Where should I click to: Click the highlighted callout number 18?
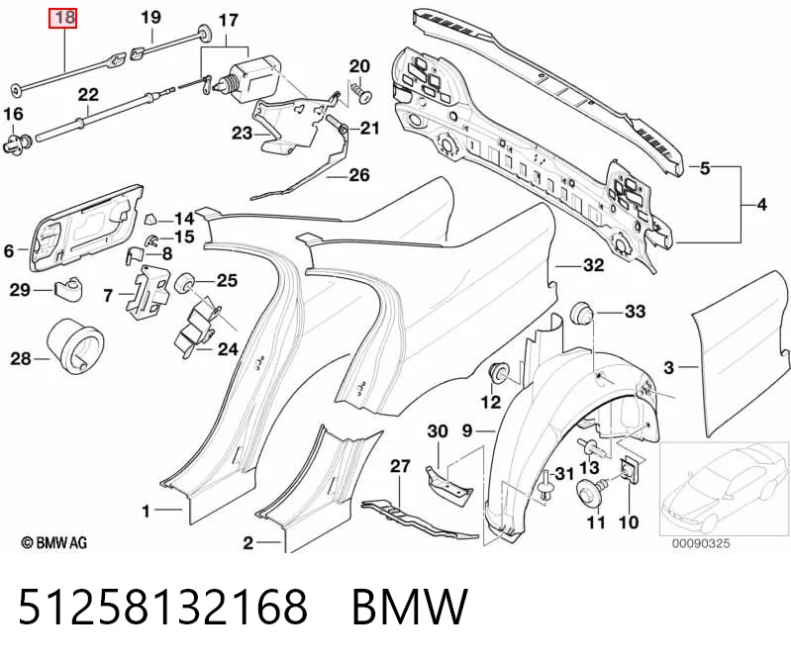click(62, 18)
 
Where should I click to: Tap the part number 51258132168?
click(162, 607)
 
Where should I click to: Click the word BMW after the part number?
click(410, 607)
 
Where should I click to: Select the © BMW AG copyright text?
click(54, 542)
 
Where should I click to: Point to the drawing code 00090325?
click(701, 543)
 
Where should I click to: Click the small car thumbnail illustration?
click(724, 488)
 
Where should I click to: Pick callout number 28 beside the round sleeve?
click(21, 358)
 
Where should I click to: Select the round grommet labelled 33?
click(580, 313)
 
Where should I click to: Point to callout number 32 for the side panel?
click(593, 264)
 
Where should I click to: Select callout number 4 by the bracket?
click(761, 205)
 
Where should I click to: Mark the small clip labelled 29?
click(68, 289)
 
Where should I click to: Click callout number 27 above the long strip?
click(400, 466)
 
